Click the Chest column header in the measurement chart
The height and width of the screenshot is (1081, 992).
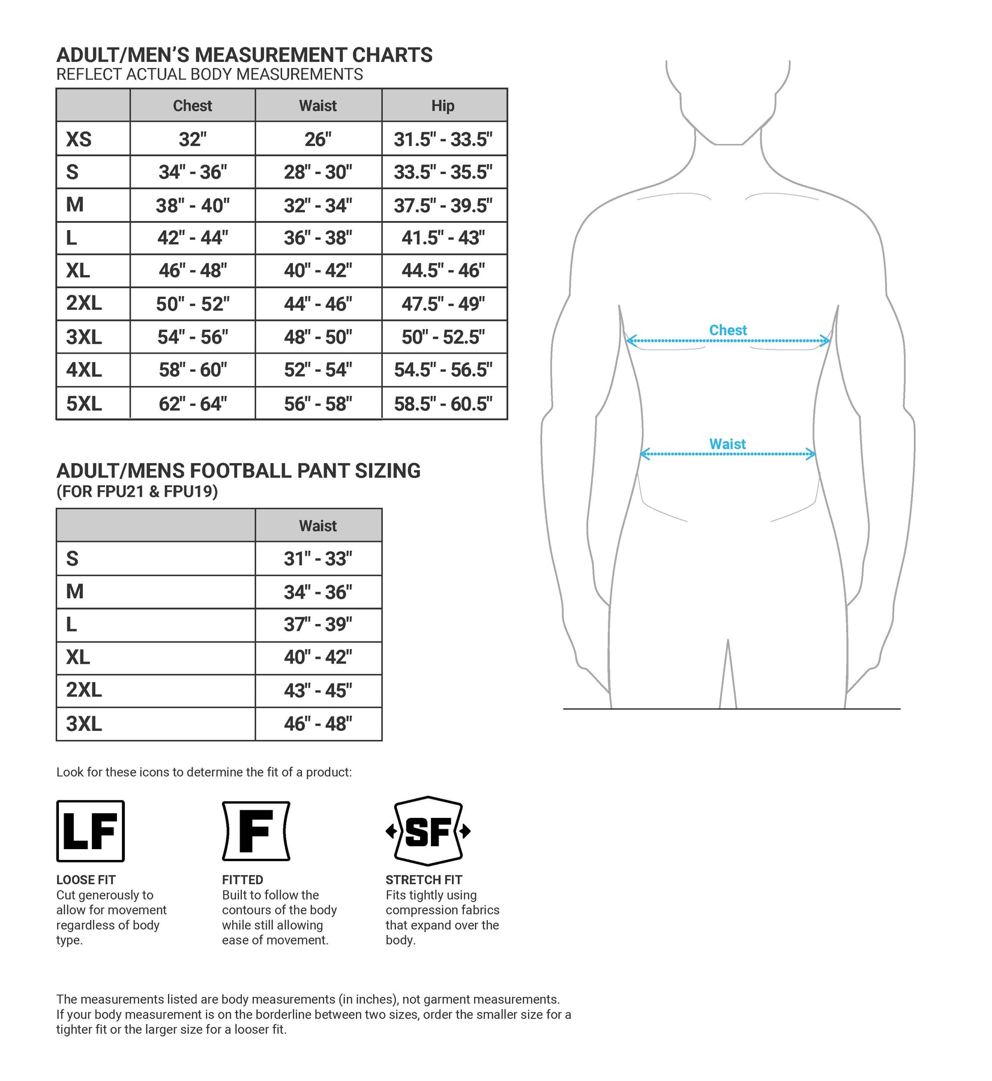point(192,106)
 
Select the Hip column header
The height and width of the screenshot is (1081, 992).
point(443,106)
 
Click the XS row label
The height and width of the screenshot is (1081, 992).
point(79,139)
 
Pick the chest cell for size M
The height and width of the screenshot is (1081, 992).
point(192,205)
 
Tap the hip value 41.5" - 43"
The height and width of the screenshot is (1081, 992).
point(443,238)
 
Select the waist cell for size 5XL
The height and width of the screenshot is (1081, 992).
point(317,404)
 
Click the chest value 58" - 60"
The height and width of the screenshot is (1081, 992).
point(192,370)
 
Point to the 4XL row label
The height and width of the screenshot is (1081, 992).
point(84,370)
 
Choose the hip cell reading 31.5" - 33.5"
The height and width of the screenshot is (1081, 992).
point(443,139)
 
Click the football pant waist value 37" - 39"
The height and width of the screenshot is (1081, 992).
point(317,625)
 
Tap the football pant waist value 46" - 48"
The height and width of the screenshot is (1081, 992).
point(317,724)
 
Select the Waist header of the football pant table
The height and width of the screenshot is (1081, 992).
point(317,526)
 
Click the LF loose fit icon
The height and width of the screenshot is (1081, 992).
point(90,831)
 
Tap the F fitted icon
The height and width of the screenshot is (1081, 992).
point(256,831)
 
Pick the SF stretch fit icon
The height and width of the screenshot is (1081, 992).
point(428,831)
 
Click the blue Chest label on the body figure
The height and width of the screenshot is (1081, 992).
point(727,330)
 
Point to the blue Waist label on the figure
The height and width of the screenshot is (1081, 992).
point(727,444)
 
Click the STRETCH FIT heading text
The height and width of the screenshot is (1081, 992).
point(424,880)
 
